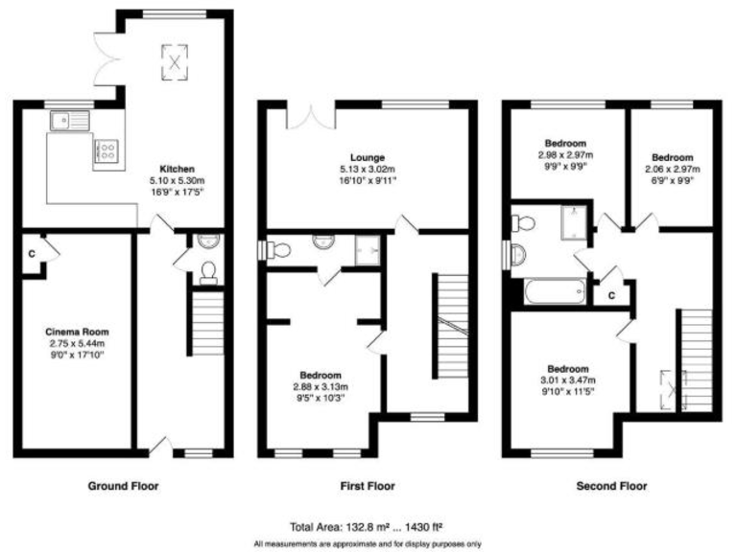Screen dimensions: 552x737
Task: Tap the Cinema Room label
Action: click(74, 331)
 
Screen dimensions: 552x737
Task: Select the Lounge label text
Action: click(368, 157)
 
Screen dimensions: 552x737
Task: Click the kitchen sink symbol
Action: click(68, 121)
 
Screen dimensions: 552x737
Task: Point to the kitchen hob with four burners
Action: click(106, 150)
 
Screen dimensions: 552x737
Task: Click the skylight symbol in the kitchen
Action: click(175, 59)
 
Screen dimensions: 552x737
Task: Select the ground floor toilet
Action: click(209, 275)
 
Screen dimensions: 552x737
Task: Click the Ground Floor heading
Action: click(123, 486)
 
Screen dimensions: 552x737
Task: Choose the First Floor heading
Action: click(368, 486)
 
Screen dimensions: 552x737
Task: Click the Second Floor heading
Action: click(611, 486)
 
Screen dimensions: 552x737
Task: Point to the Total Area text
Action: click(368, 527)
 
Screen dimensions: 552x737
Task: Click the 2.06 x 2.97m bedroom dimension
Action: click(671, 168)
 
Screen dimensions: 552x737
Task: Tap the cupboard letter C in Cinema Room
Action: click(32, 254)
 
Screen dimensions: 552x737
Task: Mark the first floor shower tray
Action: click(365, 248)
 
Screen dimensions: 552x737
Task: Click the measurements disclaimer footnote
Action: click(368, 543)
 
